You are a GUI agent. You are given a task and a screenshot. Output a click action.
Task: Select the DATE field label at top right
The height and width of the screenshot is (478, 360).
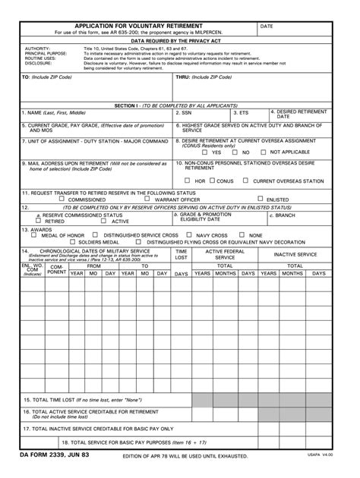pyautogui.click(x=267, y=26)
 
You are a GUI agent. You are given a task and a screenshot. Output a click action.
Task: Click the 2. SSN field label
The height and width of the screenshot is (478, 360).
pyautogui.click(x=185, y=112)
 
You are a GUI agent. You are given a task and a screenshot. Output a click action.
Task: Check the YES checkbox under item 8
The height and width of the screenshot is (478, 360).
pyautogui.click(x=204, y=152)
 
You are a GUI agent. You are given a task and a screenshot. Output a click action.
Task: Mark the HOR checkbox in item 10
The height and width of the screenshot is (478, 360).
pyautogui.click(x=188, y=181)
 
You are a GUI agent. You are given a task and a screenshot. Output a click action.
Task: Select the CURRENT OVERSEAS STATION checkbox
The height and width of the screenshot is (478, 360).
pyautogui.click(x=245, y=181)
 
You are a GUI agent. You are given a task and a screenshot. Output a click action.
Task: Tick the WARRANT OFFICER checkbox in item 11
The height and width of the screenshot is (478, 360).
pyautogui.click(x=149, y=199)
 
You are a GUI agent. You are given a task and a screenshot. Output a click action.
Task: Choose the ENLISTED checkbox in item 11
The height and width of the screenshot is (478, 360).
pyautogui.click(x=260, y=199)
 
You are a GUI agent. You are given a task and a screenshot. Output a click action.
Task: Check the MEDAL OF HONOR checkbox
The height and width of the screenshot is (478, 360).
pyautogui.click(x=35, y=234)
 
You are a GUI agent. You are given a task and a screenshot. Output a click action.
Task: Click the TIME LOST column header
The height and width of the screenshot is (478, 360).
pyautogui.click(x=182, y=254)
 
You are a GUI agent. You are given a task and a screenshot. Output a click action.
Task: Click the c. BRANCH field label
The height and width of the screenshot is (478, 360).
pyautogui.click(x=284, y=215)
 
